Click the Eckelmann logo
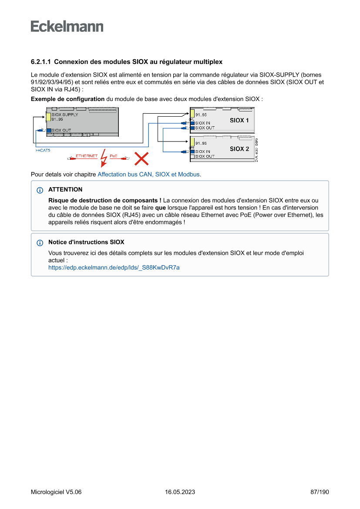click(67, 27)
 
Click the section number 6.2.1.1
click(41, 62)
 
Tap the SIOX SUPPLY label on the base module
click(65, 115)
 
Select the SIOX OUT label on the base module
click(61, 130)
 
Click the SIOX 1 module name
click(239, 120)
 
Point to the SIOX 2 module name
click(239, 149)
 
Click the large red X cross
click(141, 158)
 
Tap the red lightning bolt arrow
click(104, 158)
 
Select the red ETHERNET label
click(87, 156)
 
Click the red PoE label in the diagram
click(113, 156)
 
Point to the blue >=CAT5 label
click(43, 150)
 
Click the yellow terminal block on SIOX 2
click(192, 142)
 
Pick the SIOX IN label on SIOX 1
click(203, 123)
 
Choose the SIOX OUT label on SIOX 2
click(205, 156)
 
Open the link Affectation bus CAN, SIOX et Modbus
click(148, 175)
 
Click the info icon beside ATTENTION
click(40, 190)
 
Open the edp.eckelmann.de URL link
click(114, 268)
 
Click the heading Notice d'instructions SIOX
click(86, 242)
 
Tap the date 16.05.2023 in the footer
click(180, 492)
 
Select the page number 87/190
click(320, 492)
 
